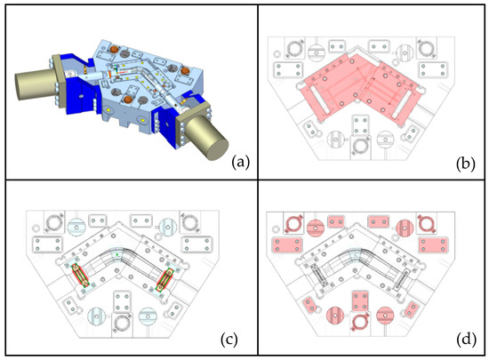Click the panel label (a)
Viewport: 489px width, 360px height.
point(241,163)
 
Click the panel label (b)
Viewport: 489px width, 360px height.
point(465,164)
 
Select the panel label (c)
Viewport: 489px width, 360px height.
point(229,340)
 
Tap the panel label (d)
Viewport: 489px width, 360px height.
point(466,340)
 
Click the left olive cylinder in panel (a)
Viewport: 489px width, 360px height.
point(35,84)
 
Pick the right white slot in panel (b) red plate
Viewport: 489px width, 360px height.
point(400,105)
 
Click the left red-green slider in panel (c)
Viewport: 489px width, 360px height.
point(80,275)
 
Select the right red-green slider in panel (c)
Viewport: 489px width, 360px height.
point(164,280)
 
